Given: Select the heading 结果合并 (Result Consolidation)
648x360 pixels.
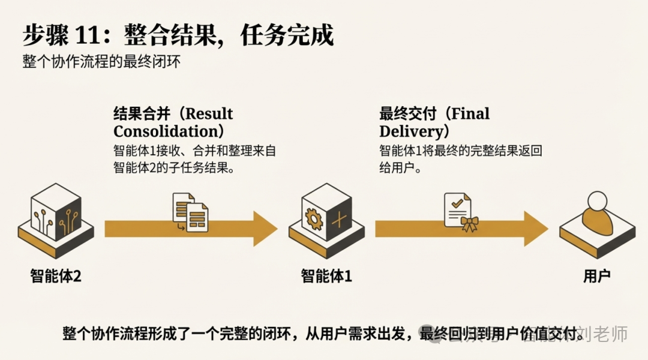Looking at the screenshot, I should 173,122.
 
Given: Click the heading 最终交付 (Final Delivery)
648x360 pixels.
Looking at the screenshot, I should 434,122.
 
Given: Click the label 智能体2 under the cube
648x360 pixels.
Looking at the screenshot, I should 56,276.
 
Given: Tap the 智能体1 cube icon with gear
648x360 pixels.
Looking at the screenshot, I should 326,217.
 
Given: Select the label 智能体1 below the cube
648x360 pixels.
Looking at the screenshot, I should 326,276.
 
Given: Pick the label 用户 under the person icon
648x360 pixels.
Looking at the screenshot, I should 596,276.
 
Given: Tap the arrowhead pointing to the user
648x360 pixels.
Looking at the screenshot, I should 534,229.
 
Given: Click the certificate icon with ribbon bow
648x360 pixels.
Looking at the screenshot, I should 459,212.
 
